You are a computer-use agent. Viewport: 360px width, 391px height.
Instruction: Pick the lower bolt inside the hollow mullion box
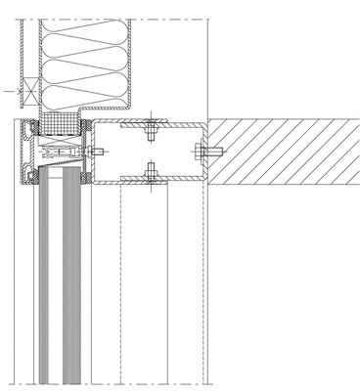point(149,174)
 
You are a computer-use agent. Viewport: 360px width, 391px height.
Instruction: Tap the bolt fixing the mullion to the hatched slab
point(209,151)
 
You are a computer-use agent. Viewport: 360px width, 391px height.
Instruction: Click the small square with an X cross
point(28,91)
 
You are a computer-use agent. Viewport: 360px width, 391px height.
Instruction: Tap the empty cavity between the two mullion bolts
point(149,151)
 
